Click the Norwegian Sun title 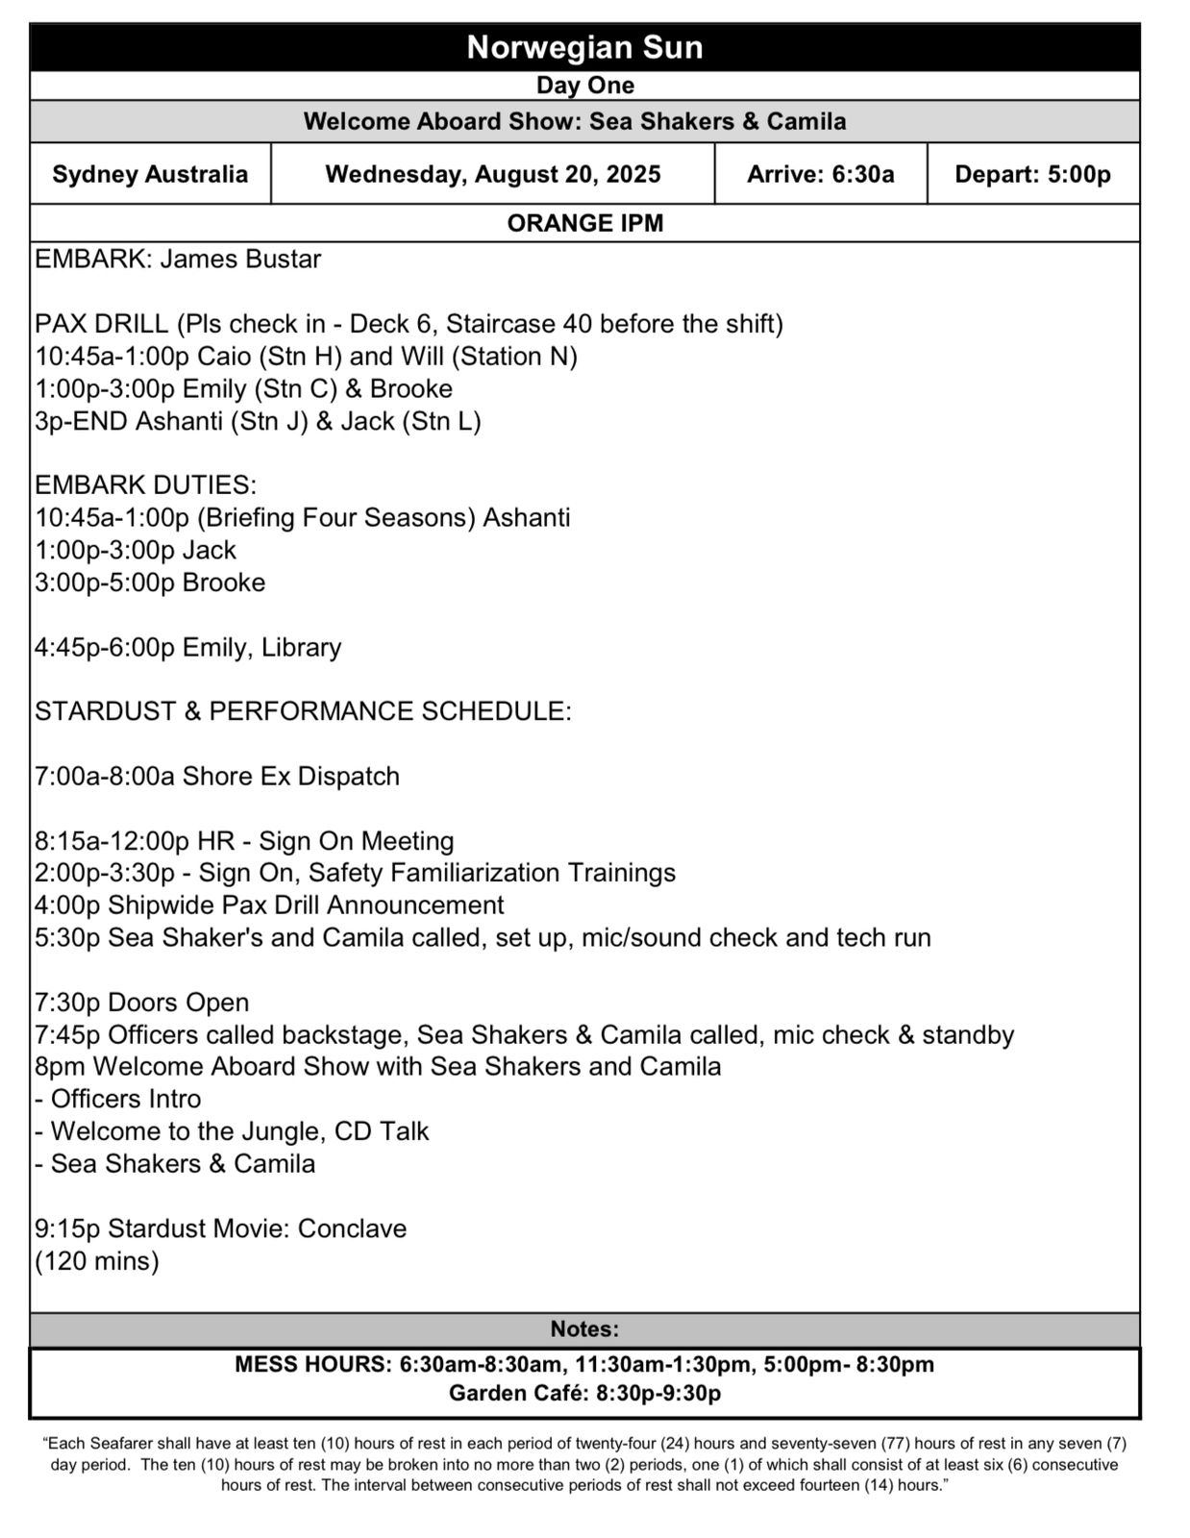click(x=584, y=47)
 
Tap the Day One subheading click(x=584, y=86)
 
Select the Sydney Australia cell click(x=150, y=174)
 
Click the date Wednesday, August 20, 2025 click(x=493, y=174)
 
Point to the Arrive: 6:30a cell click(x=820, y=174)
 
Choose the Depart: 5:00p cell click(x=1032, y=174)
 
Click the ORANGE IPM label click(x=584, y=223)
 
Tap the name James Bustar click(x=240, y=260)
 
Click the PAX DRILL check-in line click(x=409, y=324)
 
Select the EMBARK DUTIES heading click(x=145, y=485)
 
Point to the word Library click(x=301, y=647)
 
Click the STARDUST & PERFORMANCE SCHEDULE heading click(x=303, y=711)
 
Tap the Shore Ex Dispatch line click(x=217, y=776)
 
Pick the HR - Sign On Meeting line click(x=244, y=841)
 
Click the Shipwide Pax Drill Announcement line click(x=269, y=905)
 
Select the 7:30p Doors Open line click(x=141, y=1003)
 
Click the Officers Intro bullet click(x=118, y=1099)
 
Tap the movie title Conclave click(x=352, y=1228)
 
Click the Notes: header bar click(x=584, y=1329)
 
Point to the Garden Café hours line click(x=584, y=1393)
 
